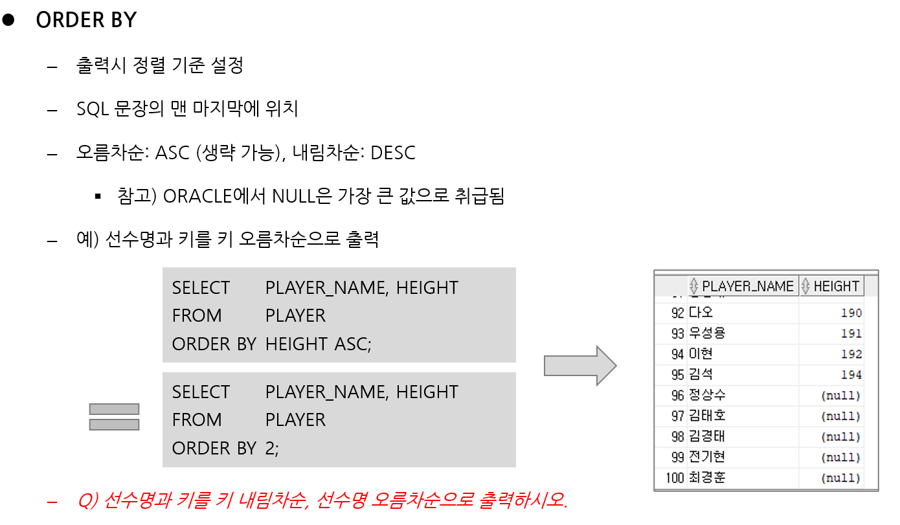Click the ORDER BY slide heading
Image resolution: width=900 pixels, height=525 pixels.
[x=86, y=20]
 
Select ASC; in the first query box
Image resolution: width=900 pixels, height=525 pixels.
[x=353, y=344]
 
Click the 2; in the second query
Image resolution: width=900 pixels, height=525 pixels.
[x=272, y=448]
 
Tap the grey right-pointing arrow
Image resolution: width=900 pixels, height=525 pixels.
[x=579, y=366]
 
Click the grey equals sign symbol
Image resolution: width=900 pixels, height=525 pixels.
[x=114, y=416]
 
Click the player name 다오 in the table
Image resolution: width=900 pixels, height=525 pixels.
[x=701, y=313]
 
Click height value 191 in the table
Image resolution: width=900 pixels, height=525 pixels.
[x=851, y=333]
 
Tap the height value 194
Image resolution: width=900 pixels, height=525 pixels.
[x=851, y=375]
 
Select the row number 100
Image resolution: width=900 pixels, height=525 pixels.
[x=675, y=478]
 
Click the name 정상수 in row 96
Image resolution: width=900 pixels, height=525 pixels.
[x=707, y=396]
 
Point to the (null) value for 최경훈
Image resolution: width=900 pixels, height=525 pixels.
[x=840, y=478]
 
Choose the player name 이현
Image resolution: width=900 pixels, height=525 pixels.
[x=701, y=354]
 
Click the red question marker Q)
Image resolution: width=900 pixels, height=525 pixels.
[x=87, y=500]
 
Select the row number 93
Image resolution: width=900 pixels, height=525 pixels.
[x=678, y=333]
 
